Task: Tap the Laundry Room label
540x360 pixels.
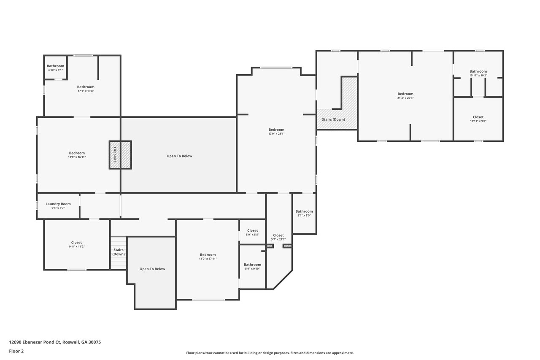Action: (x=58, y=204)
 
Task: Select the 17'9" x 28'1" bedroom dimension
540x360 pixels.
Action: (x=276, y=134)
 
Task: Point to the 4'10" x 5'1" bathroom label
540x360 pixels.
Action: (x=55, y=70)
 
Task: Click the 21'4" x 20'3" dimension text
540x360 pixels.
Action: (x=405, y=98)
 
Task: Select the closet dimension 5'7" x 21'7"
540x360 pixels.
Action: (x=278, y=239)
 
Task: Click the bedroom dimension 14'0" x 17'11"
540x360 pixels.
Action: (x=208, y=259)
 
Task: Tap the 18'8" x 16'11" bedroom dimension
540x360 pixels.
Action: (x=77, y=157)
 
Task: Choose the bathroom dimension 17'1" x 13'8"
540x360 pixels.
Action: (x=86, y=91)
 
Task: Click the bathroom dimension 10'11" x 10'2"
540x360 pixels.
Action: (x=478, y=75)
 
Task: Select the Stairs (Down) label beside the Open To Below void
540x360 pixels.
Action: (x=119, y=252)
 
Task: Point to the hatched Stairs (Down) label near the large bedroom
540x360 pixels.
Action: (x=333, y=119)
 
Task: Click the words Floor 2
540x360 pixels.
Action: (x=16, y=351)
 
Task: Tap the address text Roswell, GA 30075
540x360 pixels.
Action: (x=82, y=342)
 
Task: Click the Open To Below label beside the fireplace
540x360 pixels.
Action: (x=180, y=156)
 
